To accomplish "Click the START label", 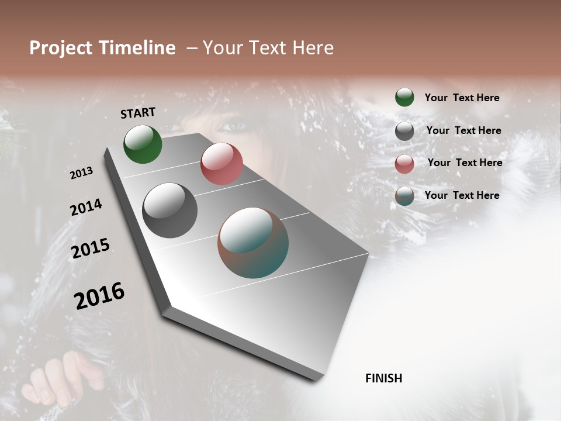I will point(138,113).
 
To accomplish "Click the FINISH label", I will point(383,378).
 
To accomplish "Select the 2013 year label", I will point(81,173).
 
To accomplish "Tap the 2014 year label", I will point(86,207).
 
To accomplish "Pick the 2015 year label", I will point(91,249).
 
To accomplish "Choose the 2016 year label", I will point(99,295).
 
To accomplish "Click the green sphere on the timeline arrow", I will point(143,144).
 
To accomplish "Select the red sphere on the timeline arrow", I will point(221,164).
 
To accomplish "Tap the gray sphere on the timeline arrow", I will point(170,210).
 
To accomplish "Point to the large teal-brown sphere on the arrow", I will point(253,243).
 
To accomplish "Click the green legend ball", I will point(404,98).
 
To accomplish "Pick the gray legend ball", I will point(404,131).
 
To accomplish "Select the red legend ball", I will point(404,164).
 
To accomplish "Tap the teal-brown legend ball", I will point(404,196).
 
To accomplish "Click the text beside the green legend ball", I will point(462,98).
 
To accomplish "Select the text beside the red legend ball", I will point(465,163).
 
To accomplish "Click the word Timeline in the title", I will point(138,48).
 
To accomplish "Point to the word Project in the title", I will point(61,48).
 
